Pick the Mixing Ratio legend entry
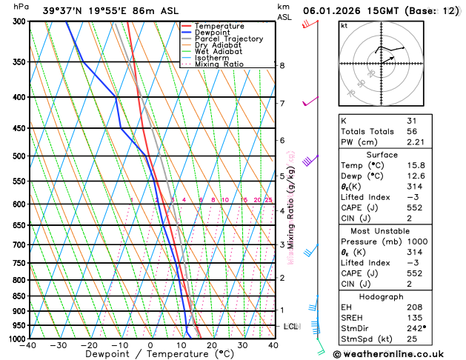coord(219,64)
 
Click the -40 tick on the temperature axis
coord(28,345)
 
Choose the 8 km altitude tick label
coord(282,66)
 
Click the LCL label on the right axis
coord(291,326)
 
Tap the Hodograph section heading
coord(381,297)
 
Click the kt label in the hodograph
coord(344,25)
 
